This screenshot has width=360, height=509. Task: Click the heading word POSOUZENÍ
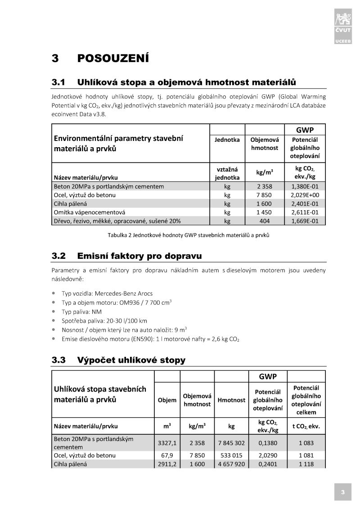click(113, 59)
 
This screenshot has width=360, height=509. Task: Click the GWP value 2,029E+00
click(305, 195)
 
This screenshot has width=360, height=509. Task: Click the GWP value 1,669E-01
click(305, 221)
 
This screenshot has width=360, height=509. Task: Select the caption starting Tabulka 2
click(189, 235)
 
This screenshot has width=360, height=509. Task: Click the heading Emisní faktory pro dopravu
click(139, 257)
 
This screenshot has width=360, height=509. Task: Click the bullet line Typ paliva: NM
click(82, 311)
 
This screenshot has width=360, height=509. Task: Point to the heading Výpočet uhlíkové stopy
click(131, 360)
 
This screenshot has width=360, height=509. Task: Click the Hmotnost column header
click(231, 400)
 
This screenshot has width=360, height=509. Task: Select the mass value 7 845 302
click(231, 443)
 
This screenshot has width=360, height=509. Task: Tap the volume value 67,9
click(167, 455)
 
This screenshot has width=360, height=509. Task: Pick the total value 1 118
click(306, 464)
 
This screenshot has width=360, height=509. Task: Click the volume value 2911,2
click(167, 464)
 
